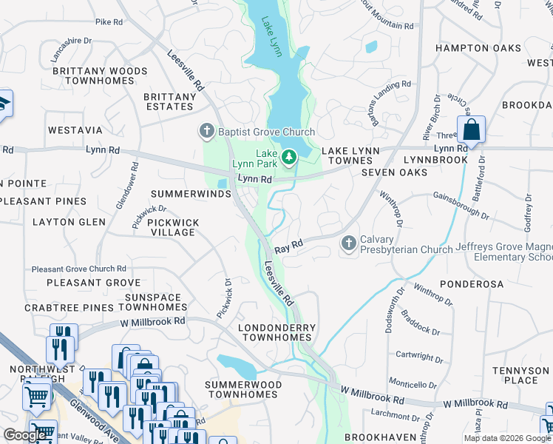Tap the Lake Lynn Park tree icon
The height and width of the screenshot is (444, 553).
[288, 156]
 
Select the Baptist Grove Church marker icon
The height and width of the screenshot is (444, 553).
[206, 132]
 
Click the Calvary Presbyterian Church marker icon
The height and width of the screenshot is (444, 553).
[348, 243]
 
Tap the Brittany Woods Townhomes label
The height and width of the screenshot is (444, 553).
[89, 75]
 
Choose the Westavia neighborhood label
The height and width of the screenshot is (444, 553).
[75, 129]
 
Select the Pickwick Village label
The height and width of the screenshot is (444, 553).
[171, 226]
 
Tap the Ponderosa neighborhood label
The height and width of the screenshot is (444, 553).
[471, 284]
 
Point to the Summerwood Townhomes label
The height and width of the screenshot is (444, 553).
[243, 390]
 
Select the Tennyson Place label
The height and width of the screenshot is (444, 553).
[526, 375]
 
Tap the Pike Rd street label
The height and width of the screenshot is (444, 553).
[109, 22]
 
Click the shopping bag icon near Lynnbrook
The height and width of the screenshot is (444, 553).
[470, 130]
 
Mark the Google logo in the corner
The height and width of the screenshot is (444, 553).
[25, 435]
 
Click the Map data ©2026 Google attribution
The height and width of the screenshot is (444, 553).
[507, 438]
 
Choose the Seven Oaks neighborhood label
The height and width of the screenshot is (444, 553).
[394, 172]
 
